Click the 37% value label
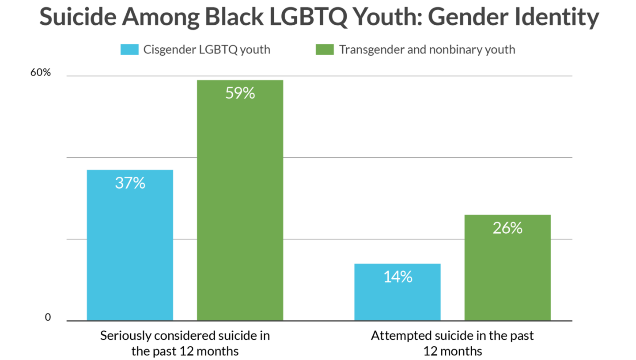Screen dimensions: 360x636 [x=130, y=183]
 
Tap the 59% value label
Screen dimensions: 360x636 [x=240, y=93]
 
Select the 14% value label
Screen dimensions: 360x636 [x=397, y=277]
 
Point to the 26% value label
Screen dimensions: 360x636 [x=507, y=228]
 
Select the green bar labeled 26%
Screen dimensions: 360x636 [x=507, y=278]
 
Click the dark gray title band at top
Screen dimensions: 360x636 [x=318, y=18]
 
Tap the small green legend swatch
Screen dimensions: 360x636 [x=321, y=49]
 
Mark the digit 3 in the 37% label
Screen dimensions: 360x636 [x=119, y=183]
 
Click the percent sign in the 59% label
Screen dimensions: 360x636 [x=249, y=93]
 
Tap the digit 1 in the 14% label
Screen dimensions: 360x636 [x=386, y=277]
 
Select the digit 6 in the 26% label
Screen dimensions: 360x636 [x=505, y=228]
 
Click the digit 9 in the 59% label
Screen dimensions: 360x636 [x=238, y=93]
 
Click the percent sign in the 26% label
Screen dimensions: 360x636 [x=517, y=228]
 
